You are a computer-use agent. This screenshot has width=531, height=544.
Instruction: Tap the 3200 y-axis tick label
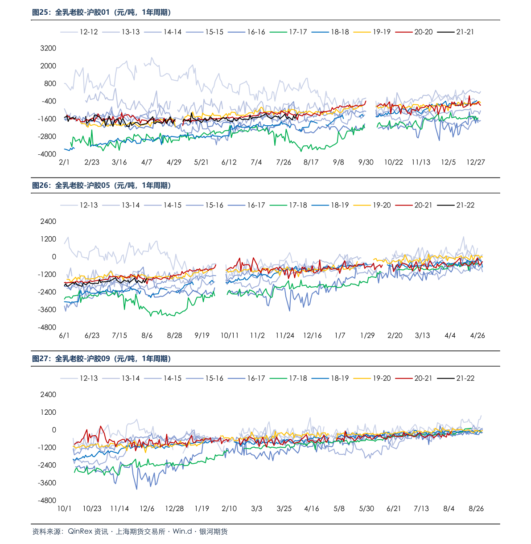[x=48, y=48]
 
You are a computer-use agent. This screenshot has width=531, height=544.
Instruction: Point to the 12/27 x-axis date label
[x=476, y=162]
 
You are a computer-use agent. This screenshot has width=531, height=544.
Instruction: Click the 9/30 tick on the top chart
[x=366, y=162]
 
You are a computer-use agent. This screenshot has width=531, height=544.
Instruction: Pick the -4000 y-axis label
[x=47, y=154]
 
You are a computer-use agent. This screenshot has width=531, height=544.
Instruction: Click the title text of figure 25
[x=101, y=12]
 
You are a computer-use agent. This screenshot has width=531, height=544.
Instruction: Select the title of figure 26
[x=101, y=185]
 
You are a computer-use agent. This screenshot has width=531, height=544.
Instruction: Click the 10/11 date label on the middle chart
[x=230, y=335]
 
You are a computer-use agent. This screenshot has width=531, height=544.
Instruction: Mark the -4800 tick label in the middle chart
[x=47, y=327]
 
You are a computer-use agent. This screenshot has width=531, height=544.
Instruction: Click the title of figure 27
[x=101, y=359]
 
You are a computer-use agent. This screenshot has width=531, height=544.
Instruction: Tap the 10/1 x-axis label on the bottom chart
[x=65, y=508]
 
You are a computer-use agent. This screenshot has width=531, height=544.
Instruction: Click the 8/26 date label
[x=476, y=508]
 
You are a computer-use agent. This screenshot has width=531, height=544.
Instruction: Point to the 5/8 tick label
[x=339, y=508]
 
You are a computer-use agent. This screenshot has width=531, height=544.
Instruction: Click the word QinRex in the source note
[x=80, y=532]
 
